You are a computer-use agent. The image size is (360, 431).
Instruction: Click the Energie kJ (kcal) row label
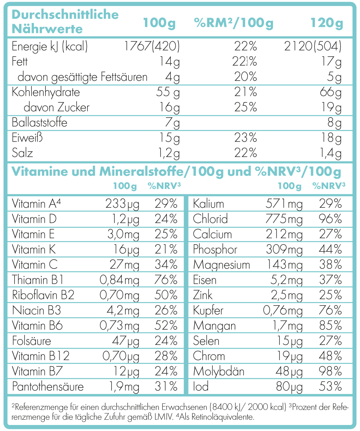click(50, 46)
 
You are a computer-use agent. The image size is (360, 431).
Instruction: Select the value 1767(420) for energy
click(152, 46)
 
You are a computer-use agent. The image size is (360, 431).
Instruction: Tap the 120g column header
click(326, 23)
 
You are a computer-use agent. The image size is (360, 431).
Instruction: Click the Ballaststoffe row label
click(40, 123)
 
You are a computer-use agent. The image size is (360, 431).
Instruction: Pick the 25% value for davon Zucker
click(245, 107)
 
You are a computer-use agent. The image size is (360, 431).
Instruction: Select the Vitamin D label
click(34, 219)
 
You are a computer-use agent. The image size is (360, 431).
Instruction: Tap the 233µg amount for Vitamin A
click(122, 204)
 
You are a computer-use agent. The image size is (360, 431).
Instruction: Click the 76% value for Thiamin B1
click(166, 280)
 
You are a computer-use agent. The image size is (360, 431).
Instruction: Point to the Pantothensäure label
click(48, 386)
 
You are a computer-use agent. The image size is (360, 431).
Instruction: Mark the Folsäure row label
click(31, 341)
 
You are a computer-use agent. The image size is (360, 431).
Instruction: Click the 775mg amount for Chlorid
click(284, 219)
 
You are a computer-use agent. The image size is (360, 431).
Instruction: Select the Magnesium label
click(221, 265)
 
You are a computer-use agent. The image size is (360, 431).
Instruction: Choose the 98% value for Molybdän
click(330, 371)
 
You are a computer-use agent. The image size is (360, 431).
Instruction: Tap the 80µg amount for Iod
click(289, 386)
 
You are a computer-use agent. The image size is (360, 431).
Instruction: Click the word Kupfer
click(208, 311)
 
